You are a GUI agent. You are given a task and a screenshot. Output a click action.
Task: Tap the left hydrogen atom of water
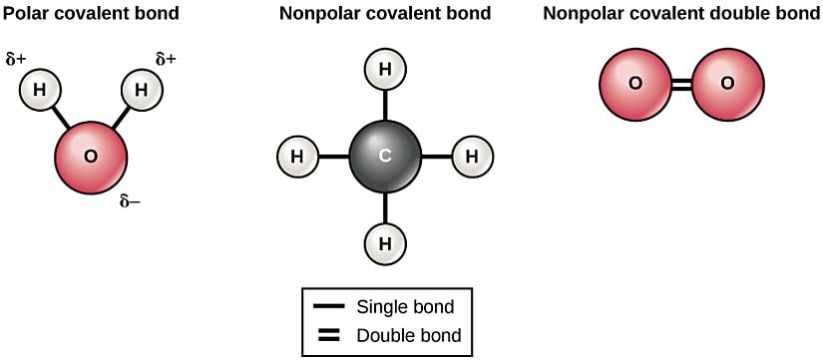tap(40, 91)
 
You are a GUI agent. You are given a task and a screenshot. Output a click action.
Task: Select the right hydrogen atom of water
tap(141, 91)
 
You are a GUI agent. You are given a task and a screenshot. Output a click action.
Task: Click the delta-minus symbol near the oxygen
tap(130, 201)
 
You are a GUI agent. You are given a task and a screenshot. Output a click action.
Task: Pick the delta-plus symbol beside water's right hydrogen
tap(166, 59)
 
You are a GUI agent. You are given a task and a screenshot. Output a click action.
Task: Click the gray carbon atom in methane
tap(384, 157)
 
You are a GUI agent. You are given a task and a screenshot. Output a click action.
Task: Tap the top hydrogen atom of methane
tap(384, 71)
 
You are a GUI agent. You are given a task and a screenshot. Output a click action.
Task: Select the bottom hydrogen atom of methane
tap(384, 242)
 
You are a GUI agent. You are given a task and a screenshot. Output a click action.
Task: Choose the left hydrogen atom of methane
tap(296, 157)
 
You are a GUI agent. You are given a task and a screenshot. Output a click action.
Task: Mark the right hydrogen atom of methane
tap(472, 157)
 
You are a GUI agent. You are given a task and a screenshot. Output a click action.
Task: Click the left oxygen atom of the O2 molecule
tap(634, 84)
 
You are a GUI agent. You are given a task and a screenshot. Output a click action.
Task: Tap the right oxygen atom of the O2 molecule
tap(727, 84)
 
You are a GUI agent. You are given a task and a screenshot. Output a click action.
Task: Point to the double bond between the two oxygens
tap(680, 84)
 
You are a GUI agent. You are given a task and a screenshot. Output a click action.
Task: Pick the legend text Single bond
tap(405, 306)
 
